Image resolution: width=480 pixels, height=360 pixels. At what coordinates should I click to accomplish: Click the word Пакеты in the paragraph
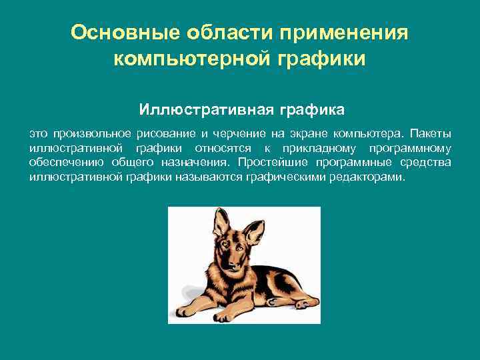[x=433, y=132]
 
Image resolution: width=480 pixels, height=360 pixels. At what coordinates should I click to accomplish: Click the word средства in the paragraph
[x=426, y=163]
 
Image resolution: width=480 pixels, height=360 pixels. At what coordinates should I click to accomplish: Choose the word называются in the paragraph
[x=211, y=178]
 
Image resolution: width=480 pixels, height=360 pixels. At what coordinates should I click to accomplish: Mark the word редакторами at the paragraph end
[x=367, y=178]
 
